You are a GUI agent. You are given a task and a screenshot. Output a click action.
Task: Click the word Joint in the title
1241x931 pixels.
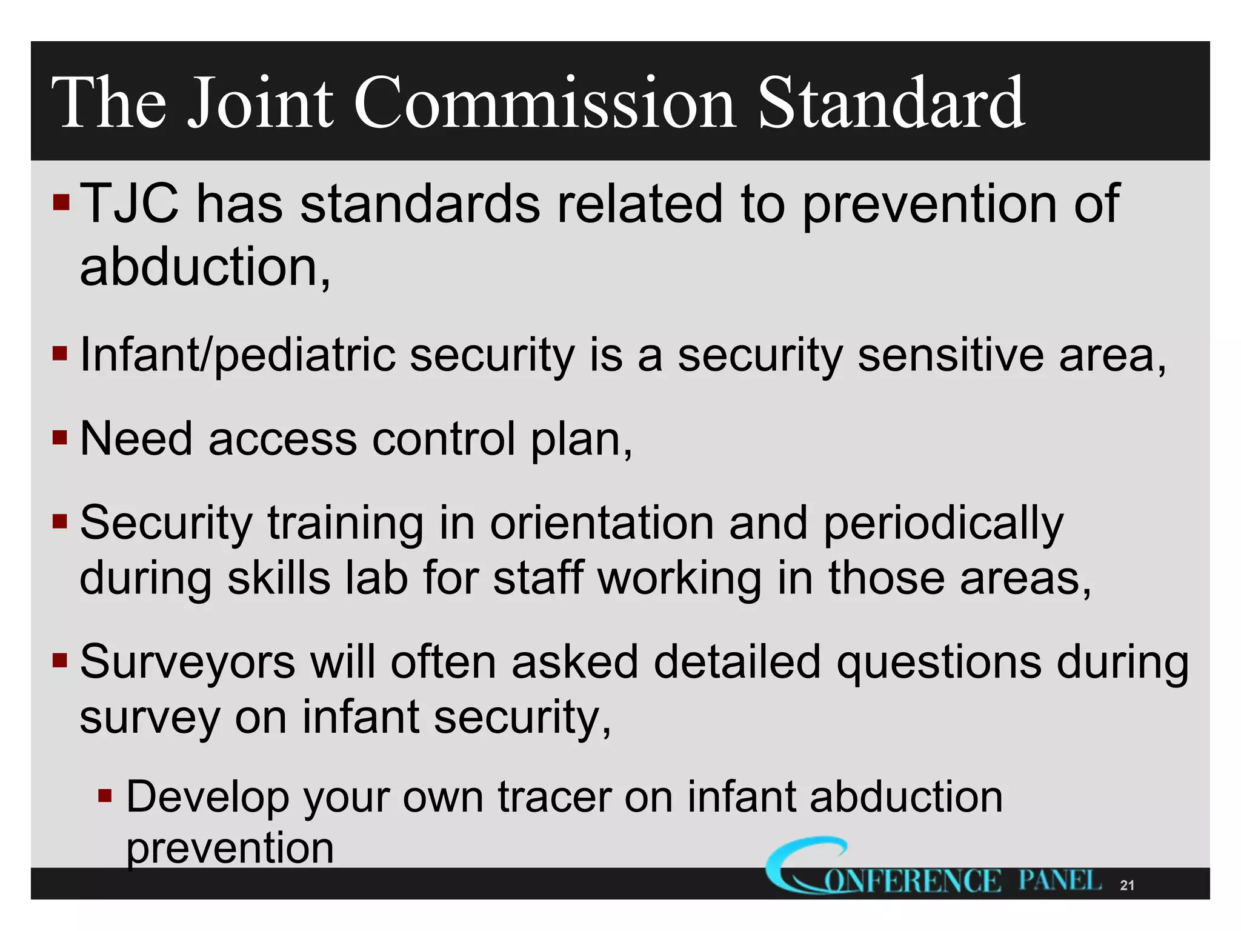point(260,103)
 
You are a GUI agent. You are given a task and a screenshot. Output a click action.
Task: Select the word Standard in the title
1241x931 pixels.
point(891,103)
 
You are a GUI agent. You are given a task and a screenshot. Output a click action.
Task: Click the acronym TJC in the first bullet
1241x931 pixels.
point(129,204)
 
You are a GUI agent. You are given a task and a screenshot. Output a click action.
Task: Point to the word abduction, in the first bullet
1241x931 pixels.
point(205,268)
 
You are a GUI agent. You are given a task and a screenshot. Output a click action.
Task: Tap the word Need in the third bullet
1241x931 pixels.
point(136,439)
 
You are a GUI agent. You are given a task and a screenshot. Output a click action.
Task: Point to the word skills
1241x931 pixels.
point(279,578)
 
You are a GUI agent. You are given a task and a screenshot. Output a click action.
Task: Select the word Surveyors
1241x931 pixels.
point(188,662)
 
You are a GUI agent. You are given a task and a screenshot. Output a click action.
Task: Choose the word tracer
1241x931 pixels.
point(554,797)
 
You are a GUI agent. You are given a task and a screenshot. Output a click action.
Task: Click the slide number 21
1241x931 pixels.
point(1127,886)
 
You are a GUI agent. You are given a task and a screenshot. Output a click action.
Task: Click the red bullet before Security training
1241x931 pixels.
point(59,521)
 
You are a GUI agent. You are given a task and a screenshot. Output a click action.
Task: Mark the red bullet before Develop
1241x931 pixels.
point(105,795)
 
